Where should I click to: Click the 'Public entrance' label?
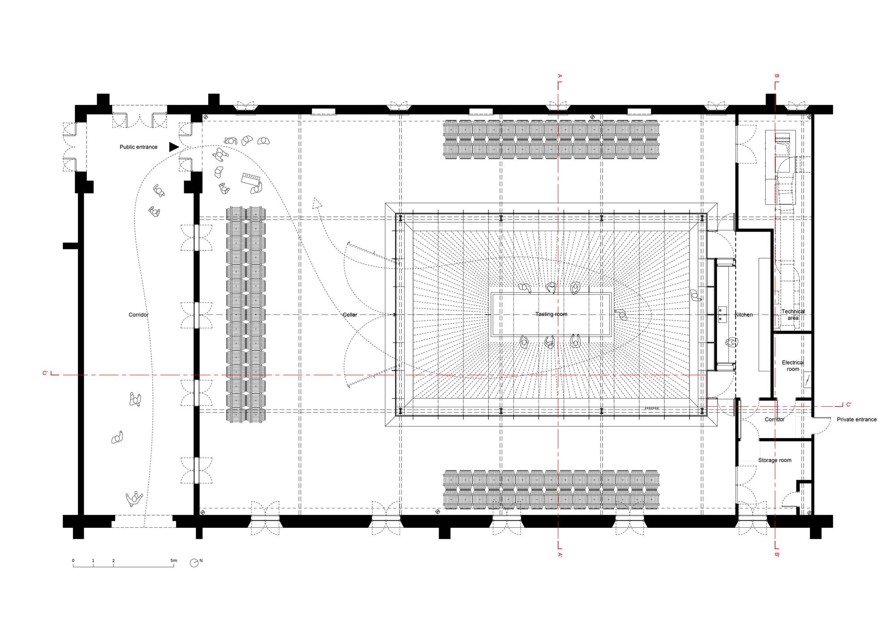(x=138, y=147)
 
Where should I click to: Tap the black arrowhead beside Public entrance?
(x=174, y=147)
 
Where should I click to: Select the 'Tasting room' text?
(x=551, y=314)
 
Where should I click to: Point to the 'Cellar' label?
(x=350, y=315)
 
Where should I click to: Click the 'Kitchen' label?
(x=744, y=315)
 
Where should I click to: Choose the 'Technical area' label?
(x=793, y=314)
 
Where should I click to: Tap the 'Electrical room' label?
(x=793, y=366)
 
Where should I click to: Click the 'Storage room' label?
(x=775, y=460)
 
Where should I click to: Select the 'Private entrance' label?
(x=857, y=420)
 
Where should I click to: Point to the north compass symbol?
(x=194, y=563)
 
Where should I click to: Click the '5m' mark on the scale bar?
(x=173, y=560)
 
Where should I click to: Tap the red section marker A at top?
(x=559, y=76)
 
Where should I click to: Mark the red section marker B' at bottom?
(x=777, y=555)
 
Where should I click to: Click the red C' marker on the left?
(x=45, y=373)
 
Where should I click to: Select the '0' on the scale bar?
(x=73, y=560)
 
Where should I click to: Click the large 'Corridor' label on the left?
(x=138, y=315)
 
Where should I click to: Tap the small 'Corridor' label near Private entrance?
(x=775, y=420)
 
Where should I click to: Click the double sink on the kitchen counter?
(x=723, y=315)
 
